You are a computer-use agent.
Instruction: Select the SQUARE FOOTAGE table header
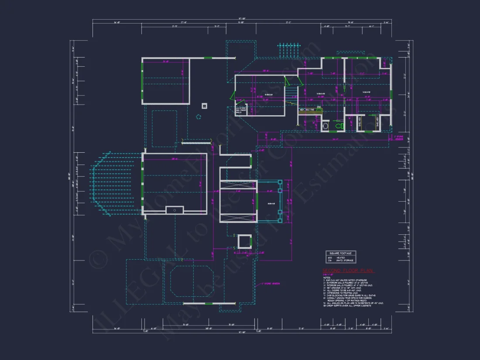tap(341, 253)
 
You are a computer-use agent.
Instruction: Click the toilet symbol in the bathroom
tap(338, 126)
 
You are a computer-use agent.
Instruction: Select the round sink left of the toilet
tap(325, 126)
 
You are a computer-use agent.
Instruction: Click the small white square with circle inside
tap(204, 106)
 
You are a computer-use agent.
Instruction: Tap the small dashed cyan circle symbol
tap(199, 117)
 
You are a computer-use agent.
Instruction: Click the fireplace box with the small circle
tap(175, 210)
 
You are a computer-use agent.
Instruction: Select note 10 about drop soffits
tap(347, 306)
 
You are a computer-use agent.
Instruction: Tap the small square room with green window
tap(244, 241)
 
